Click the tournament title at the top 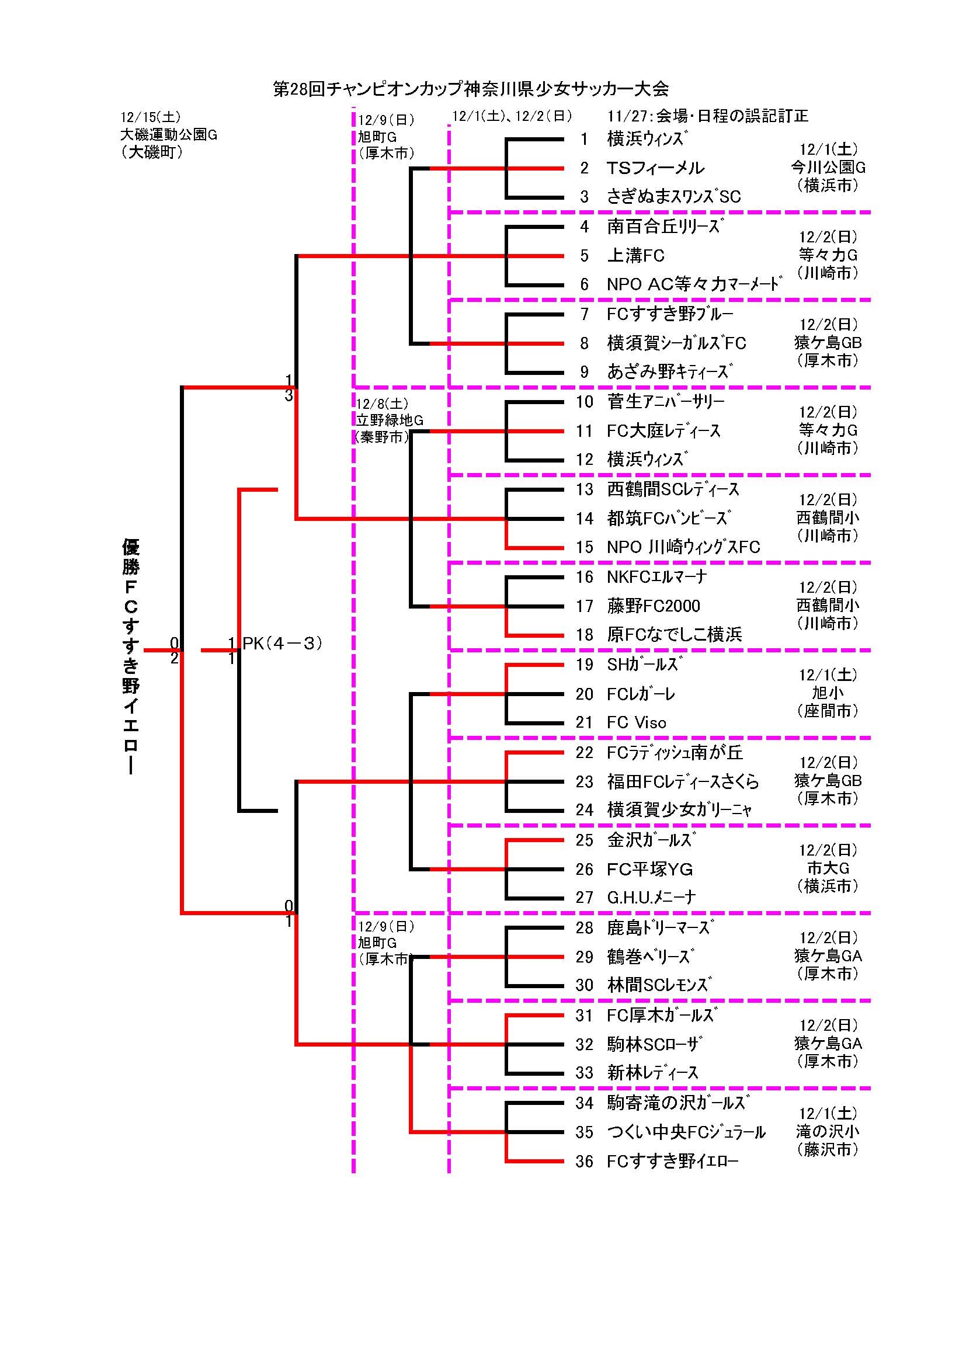click(x=471, y=89)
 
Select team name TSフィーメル click(x=655, y=168)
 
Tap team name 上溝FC click(x=635, y=256)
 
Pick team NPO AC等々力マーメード click(x=694, y=284)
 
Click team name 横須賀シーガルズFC click(x=676, y=343)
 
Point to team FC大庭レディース click(x=663, y=431)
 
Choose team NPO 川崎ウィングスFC click(x=683, y=547)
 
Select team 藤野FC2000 click(x=653, y=606)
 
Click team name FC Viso click(x=636, y=723)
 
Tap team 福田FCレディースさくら click(x=682, y=782)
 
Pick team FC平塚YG click(x=649, y=870)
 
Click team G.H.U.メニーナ click(x=651, y=897)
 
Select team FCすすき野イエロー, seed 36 click(x=672, y=1162)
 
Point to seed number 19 click(x=584, y=665)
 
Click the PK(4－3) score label click(x=283, y=643)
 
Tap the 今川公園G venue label click(x=828, y=168)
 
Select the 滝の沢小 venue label click(x=828, y=1132)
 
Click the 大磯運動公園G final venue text click(x=168, y=135)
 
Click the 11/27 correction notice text click(x=707, y=117)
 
